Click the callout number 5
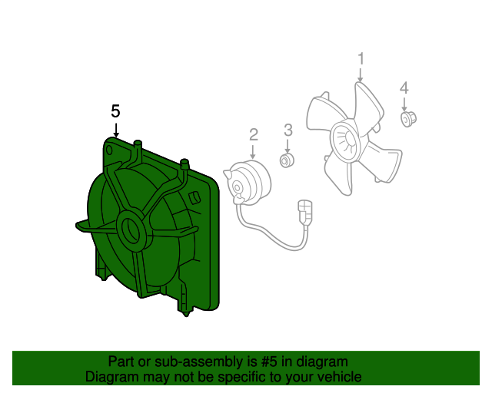115,111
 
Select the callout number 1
361,59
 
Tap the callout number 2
254,134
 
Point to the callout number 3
288,130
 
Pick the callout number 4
404,88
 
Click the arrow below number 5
116,130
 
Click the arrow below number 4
404,104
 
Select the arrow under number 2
253,152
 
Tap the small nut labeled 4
408,119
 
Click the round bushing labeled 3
287,160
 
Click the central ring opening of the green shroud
131,230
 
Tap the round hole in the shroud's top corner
109,150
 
